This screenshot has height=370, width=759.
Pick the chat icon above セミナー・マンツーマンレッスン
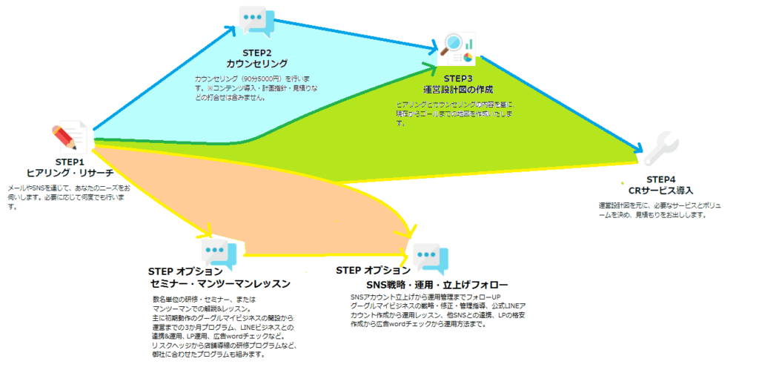(218, 254)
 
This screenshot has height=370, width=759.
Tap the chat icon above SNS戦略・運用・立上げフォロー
(430, 258)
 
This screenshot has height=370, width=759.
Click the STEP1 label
(70, 162)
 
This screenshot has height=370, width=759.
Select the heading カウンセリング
(256, 64)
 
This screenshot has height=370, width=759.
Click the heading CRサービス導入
(660, 191)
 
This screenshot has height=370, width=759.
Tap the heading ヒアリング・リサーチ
(70, 173)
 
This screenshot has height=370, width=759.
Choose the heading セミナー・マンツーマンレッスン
(219, 283)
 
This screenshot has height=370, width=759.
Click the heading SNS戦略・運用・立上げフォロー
(437, 285)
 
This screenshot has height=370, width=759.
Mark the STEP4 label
(660, 179)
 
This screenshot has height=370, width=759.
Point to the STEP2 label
(256, 53)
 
